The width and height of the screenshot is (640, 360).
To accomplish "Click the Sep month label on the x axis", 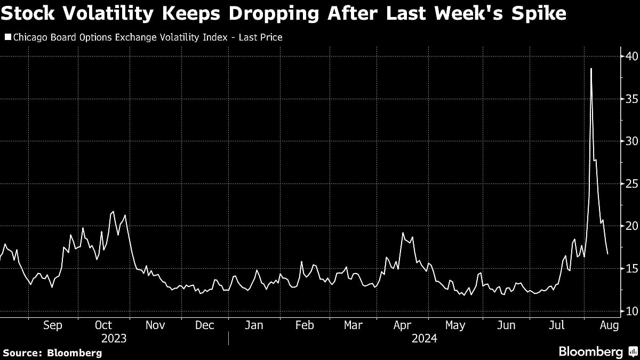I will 53,325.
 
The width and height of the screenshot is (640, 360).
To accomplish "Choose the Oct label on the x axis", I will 103,325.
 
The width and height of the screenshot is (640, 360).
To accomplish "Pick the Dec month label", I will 204,325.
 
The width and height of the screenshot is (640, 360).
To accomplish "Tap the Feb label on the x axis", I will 305,325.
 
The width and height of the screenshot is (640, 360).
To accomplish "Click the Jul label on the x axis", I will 556,325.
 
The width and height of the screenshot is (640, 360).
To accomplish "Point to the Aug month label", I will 609,325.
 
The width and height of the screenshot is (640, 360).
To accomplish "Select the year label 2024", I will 425,339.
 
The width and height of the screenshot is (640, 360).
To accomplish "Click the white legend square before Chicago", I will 7,37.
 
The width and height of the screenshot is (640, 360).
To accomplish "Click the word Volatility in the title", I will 101,13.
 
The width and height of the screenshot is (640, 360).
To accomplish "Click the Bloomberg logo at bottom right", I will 597,352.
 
